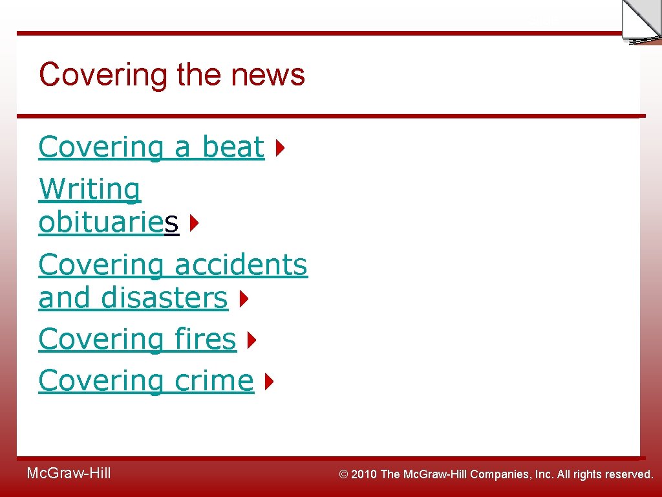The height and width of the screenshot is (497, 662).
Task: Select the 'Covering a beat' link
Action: [151, 148]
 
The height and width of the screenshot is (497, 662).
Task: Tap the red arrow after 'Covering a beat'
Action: [279, 148]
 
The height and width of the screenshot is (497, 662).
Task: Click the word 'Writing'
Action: [89, 190]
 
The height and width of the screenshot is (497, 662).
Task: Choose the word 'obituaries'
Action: [109, 223]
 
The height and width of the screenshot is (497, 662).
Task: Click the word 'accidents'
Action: [241, 265]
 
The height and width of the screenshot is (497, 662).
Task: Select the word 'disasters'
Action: [164, 298]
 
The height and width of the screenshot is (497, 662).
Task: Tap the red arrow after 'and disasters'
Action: [243, 299]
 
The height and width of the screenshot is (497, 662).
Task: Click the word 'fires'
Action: [206, 339]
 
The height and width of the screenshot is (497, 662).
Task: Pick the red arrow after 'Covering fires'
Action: [251, 340]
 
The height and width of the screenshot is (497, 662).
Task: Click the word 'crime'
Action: [214, 381]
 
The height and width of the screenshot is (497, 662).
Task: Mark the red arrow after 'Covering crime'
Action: [269, 381]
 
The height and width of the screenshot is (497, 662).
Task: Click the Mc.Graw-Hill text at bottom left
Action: [69, 474]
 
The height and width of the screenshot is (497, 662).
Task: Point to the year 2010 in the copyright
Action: [364, 474]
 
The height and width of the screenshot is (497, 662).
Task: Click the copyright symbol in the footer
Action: [345, 474]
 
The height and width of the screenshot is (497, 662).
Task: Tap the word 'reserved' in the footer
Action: [628, 474]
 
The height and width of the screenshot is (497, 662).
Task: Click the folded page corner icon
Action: [641, 21]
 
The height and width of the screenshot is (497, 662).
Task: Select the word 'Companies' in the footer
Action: [502, 474]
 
